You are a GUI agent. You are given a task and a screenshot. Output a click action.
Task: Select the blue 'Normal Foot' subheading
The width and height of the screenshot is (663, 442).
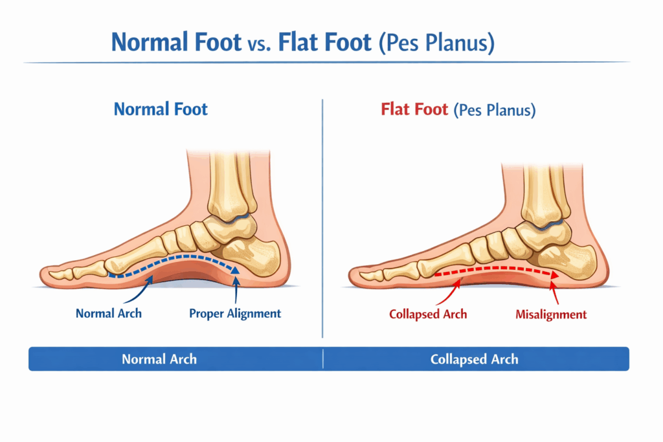click(x=161, y=109)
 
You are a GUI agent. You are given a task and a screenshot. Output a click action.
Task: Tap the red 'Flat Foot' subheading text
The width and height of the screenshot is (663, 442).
click(x=414, y=109)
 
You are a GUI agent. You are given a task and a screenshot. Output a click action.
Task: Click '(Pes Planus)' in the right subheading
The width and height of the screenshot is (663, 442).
click(x=495, y=109)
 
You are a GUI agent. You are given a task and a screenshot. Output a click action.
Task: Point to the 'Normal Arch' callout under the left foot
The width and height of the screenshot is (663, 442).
click(x=109, y=314)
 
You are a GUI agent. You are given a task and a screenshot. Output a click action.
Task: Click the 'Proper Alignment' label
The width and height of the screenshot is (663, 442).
click(x=235, y=314)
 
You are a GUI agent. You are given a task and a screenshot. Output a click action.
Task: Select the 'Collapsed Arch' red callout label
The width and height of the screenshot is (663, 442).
click(x=428, y=315)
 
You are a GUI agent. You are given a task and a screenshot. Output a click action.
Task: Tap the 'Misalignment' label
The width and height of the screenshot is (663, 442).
click(x=551, y=315)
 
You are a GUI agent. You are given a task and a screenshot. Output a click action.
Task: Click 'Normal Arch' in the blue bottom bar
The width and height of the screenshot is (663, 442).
click(x=159, y=359)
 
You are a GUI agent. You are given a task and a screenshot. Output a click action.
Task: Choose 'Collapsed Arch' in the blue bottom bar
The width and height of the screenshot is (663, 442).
click(x=475, y=359)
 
